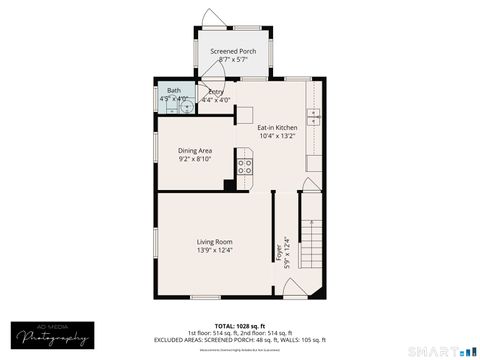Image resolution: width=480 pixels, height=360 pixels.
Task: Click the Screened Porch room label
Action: [232, 51]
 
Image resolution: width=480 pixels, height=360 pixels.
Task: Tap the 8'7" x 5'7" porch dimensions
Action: [232, 60]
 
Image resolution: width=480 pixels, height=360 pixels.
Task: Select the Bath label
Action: [174, 91]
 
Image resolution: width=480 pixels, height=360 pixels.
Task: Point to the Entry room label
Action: [216, 92]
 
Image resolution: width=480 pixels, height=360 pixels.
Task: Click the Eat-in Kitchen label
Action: [277, 128]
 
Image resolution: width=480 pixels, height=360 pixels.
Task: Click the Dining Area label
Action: [195, 151]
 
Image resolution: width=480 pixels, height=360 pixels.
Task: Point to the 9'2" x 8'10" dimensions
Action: [195, 160]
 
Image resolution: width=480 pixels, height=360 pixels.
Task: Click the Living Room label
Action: [214, 241]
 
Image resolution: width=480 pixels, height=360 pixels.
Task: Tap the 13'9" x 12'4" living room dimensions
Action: [214, 250]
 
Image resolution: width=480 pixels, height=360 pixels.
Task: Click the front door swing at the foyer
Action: [294, 288]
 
